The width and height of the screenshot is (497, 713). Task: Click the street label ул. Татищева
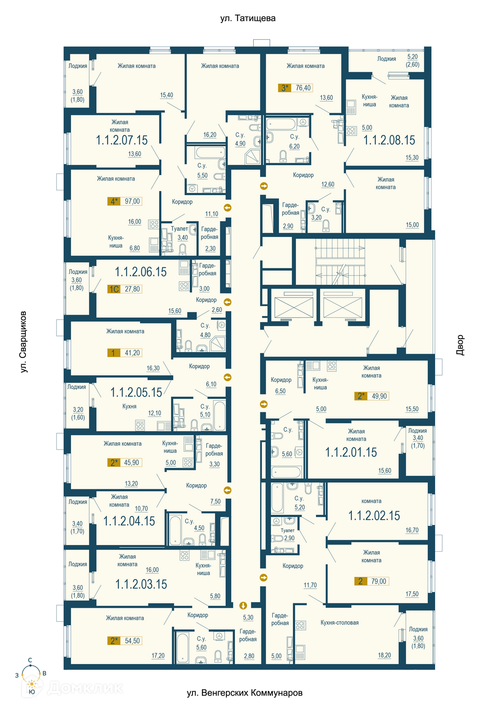pyautogui.click(x=248, y=18)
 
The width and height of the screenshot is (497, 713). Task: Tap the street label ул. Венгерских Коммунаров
pyautogui.click(x=245, y=693)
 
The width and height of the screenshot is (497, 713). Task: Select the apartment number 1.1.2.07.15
pyautogui.click(x=122, y=140)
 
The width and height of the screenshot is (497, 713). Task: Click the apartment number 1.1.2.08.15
pyautogui.click(x=389, y=140)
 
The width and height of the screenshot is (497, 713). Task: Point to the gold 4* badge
pyautogui.click(x=114, y=201)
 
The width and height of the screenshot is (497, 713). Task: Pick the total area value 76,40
pyautogui.click(x=303, y=87)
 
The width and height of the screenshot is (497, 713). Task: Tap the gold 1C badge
pyautogui.click(x=114, y=289)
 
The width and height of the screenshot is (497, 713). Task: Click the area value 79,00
pyautogui.click(x=378, y=581)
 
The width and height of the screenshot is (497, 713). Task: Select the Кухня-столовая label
pyautogui.click(x=339, y=622)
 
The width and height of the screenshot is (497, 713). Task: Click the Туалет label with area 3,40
pyautogui.click(x=179, y=229)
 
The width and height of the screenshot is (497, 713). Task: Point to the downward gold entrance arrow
pyautogui.click(x=243, y=605)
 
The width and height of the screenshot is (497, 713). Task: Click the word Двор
pyautogui.click(x=460, y=345)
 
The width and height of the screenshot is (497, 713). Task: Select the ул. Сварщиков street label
pyautogui.click(x=23, y=342)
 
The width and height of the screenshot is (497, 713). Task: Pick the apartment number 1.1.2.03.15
pyautogui.click(x=141, y=584)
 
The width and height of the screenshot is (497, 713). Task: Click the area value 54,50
pyautogui.click(x=132, y=641)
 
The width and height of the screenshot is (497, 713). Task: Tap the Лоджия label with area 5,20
pyautogui.click(x=386, y=58)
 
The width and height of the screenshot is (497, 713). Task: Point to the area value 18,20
pyautogui.click(x=384, y=655)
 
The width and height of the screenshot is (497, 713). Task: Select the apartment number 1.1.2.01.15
pyautogui.click(x=351, y=452)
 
